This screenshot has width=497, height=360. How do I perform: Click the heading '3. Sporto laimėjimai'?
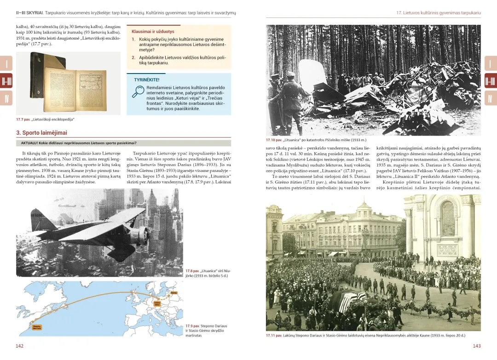pyautogui.click(x=41, y=133)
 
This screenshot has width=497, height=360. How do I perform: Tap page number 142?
pyautogui.click(x=19, y=346)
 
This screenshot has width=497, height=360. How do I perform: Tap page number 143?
pyautogui.click(x=476, y=346)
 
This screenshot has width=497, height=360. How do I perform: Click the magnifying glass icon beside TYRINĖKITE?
pyautogui.click(x=138, y=92)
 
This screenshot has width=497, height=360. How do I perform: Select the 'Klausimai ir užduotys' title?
pyautogui.click(x=153, y=32)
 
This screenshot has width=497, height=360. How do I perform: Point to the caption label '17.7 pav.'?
pyautogui.click(x=23, y=120)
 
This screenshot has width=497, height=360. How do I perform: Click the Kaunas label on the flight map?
pyautogui.click(x=174, y=292)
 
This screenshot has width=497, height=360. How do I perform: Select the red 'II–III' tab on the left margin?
pyautogui.click(x=6, y=81)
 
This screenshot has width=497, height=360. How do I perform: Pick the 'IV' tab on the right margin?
pyautogui.click(x=491, y=98)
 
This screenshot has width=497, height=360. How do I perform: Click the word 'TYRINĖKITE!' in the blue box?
pyautogui.click(x=147, y=80)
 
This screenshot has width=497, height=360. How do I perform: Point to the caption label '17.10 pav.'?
pyautogui.click(x=273, y=140)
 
